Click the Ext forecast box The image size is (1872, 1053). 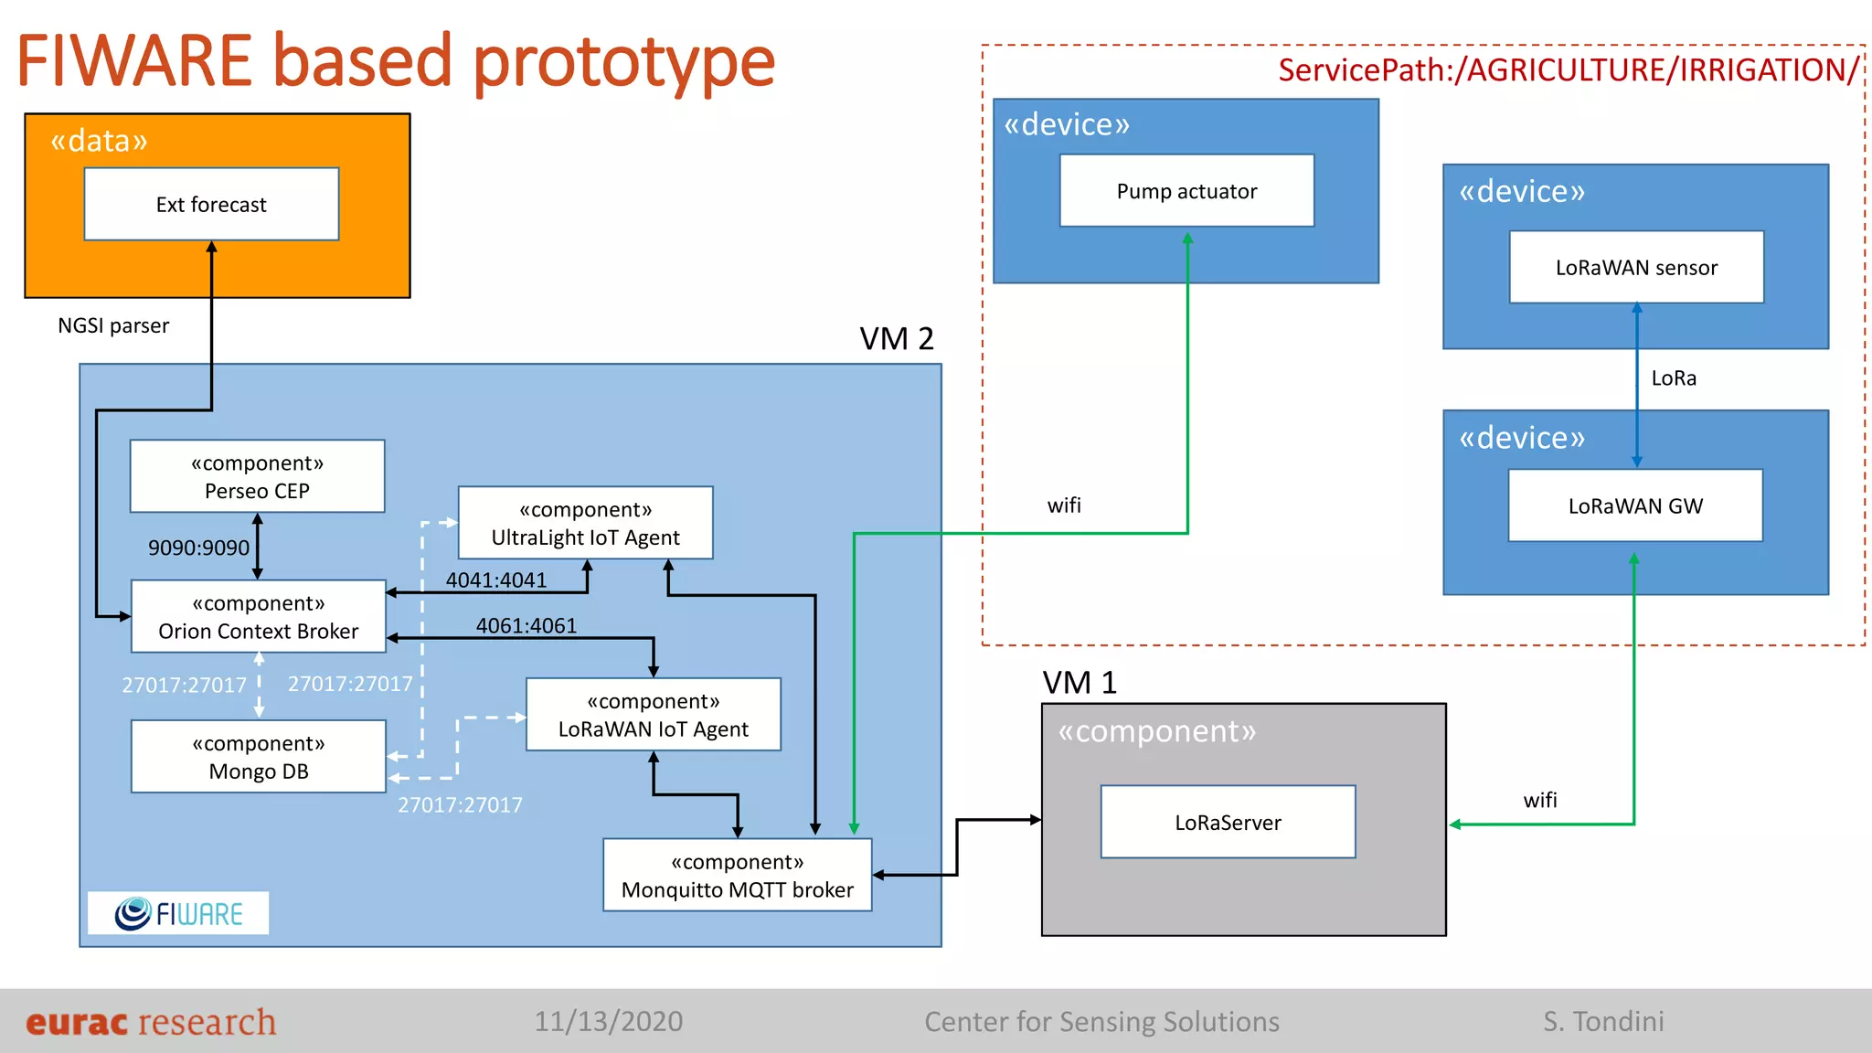click(211, 204)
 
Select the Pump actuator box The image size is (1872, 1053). click(1186, 191)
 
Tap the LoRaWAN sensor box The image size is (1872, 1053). click(1636, 267)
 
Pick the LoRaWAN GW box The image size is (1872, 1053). click(1635, 505)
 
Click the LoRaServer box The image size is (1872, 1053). click(1228, 822)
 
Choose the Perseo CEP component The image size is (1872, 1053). click(257, 476)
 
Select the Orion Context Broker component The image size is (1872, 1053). click(258, 617)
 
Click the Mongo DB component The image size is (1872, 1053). click(258, 757)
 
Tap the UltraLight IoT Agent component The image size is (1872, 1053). click(585, 523)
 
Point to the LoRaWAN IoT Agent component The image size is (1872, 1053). click(653, 715)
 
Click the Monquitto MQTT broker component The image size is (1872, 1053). click(737, 876)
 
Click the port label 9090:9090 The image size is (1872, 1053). click(198, 548)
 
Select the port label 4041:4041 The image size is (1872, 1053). click(496, 580)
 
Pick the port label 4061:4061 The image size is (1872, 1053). click(526, 625)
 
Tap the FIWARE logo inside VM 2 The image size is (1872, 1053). click(178, 913)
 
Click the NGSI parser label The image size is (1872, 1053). click(113, 325)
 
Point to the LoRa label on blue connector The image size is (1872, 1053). click(1674, 378)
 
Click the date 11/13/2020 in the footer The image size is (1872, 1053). click(609, 1021)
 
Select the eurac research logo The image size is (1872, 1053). click(151, 1022)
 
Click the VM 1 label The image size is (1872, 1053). click(1080, 683)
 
